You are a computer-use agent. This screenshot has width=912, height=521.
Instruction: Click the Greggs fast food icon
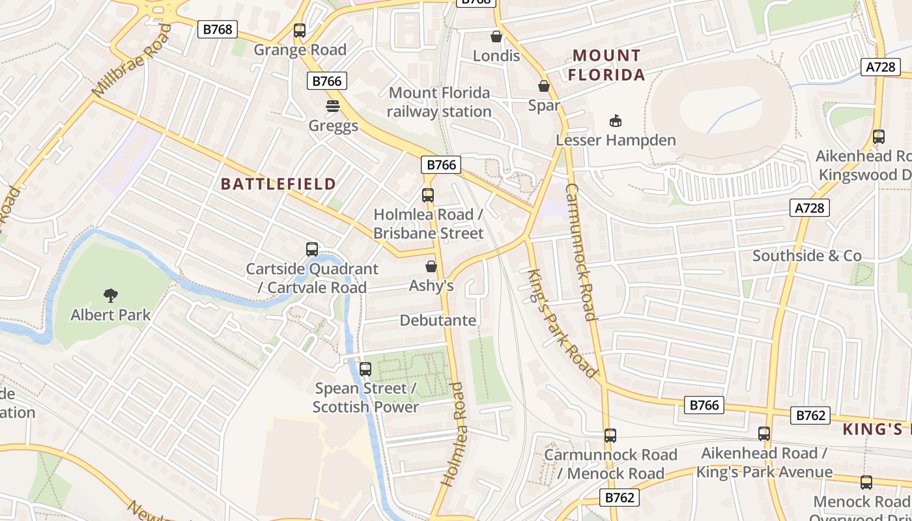(333, 106)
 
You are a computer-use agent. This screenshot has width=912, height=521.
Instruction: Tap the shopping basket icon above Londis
(496, 36)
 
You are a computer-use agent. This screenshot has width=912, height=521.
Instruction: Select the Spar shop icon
(544, 86)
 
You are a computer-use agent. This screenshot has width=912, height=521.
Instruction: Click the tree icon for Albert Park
(111, 296)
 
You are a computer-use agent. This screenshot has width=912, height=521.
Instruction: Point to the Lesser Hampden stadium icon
(616, 120)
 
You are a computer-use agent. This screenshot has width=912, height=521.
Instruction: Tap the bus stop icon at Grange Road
(300, 31)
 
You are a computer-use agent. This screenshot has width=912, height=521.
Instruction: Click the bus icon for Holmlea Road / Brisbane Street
(428, 195)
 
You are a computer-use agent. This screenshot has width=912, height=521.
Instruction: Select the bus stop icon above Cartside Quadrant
(312, 249)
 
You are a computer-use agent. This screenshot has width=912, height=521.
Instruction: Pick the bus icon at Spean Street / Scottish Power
(365, 369)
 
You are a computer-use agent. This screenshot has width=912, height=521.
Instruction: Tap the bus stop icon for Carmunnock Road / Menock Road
(610, 435)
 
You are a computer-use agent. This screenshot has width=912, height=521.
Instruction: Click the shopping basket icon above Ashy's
(431, 266)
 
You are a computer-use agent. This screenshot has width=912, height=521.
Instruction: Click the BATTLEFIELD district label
(278, 184)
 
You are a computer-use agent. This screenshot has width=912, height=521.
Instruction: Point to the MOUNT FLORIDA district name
(606, 65)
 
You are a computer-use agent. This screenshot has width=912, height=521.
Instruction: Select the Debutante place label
(438, 320)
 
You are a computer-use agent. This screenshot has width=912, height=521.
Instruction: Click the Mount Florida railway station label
(440, 102)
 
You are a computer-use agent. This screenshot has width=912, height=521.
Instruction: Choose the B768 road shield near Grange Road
(218, 29)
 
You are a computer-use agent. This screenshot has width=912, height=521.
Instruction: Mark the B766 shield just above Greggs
(327, 81)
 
